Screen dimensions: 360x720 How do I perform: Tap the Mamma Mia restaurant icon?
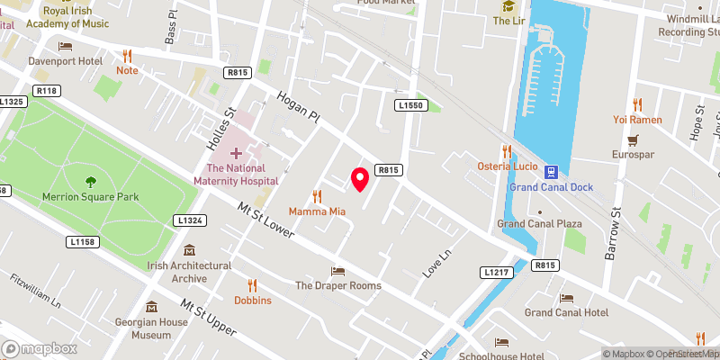click(317, 195)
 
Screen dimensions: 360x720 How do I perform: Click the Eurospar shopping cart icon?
click(633, 140)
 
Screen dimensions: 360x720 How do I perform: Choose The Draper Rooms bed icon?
click(337, 271)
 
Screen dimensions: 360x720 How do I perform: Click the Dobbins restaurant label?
click(253, 301)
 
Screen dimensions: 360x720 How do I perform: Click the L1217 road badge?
click(496, 272)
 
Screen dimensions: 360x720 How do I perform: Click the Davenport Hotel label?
click(90, 61)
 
